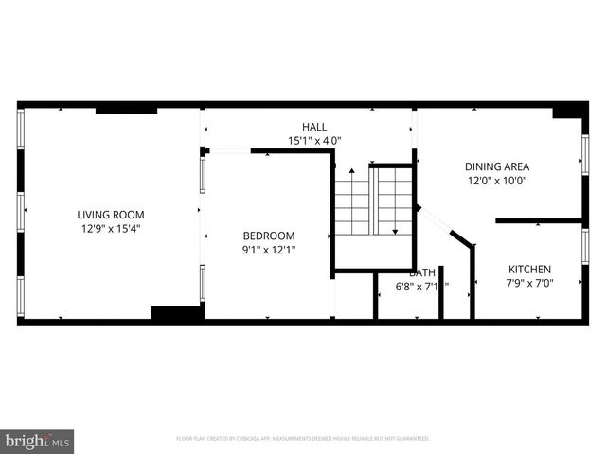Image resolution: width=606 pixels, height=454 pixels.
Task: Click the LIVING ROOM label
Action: click(x=111, y=214)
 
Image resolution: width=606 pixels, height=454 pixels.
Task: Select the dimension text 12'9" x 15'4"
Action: click(x=111, y=228)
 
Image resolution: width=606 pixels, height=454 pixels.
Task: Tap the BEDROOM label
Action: click(x=268, y=236)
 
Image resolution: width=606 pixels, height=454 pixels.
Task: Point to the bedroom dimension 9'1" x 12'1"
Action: click(x=268, y=250)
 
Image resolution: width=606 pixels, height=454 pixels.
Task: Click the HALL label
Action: click(x=313, y=127)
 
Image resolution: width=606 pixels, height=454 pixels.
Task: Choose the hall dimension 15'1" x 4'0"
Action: click(x=313, y=141)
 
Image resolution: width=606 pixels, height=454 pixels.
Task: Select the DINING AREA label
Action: click(x=496, y=166)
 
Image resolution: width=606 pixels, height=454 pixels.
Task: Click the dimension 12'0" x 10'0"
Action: click(x=496, y=181)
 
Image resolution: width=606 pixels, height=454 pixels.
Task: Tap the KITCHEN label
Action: click(x=529, y=269)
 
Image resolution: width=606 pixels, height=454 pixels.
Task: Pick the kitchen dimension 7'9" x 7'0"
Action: click(x=529, y=283)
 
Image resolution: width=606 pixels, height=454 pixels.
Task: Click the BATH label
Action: click(x=422, y=272)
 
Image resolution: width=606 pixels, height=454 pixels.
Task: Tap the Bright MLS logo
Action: click(x=37, y=441)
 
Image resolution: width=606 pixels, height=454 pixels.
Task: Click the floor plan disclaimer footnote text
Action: click(x=302, y=439)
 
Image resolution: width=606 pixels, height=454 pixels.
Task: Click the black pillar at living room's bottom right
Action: click(x=176, y=313)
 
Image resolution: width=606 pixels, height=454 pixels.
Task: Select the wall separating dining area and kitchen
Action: click(x=538, y=220)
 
